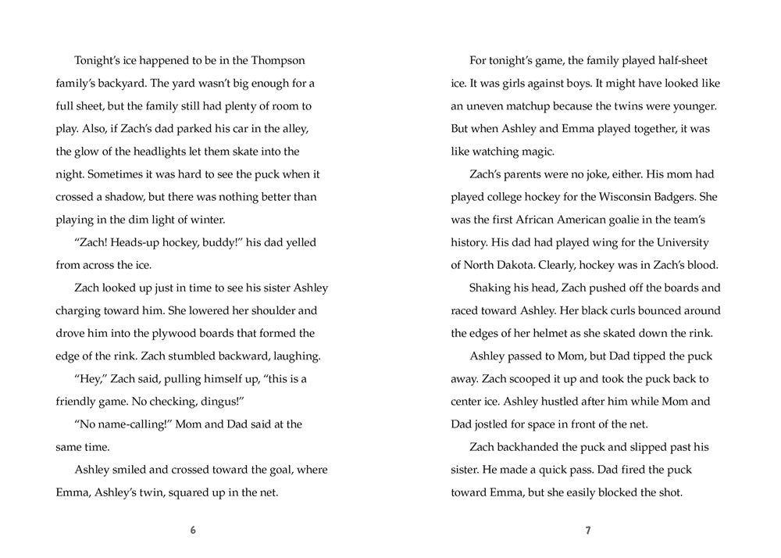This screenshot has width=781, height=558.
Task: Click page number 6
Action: pyautogui.click(x=193, y=531)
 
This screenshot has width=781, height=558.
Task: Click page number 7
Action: pyautogui.click(x=588, y=531)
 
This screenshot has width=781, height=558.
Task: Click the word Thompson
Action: pyautogui.click(x=277, y=60)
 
